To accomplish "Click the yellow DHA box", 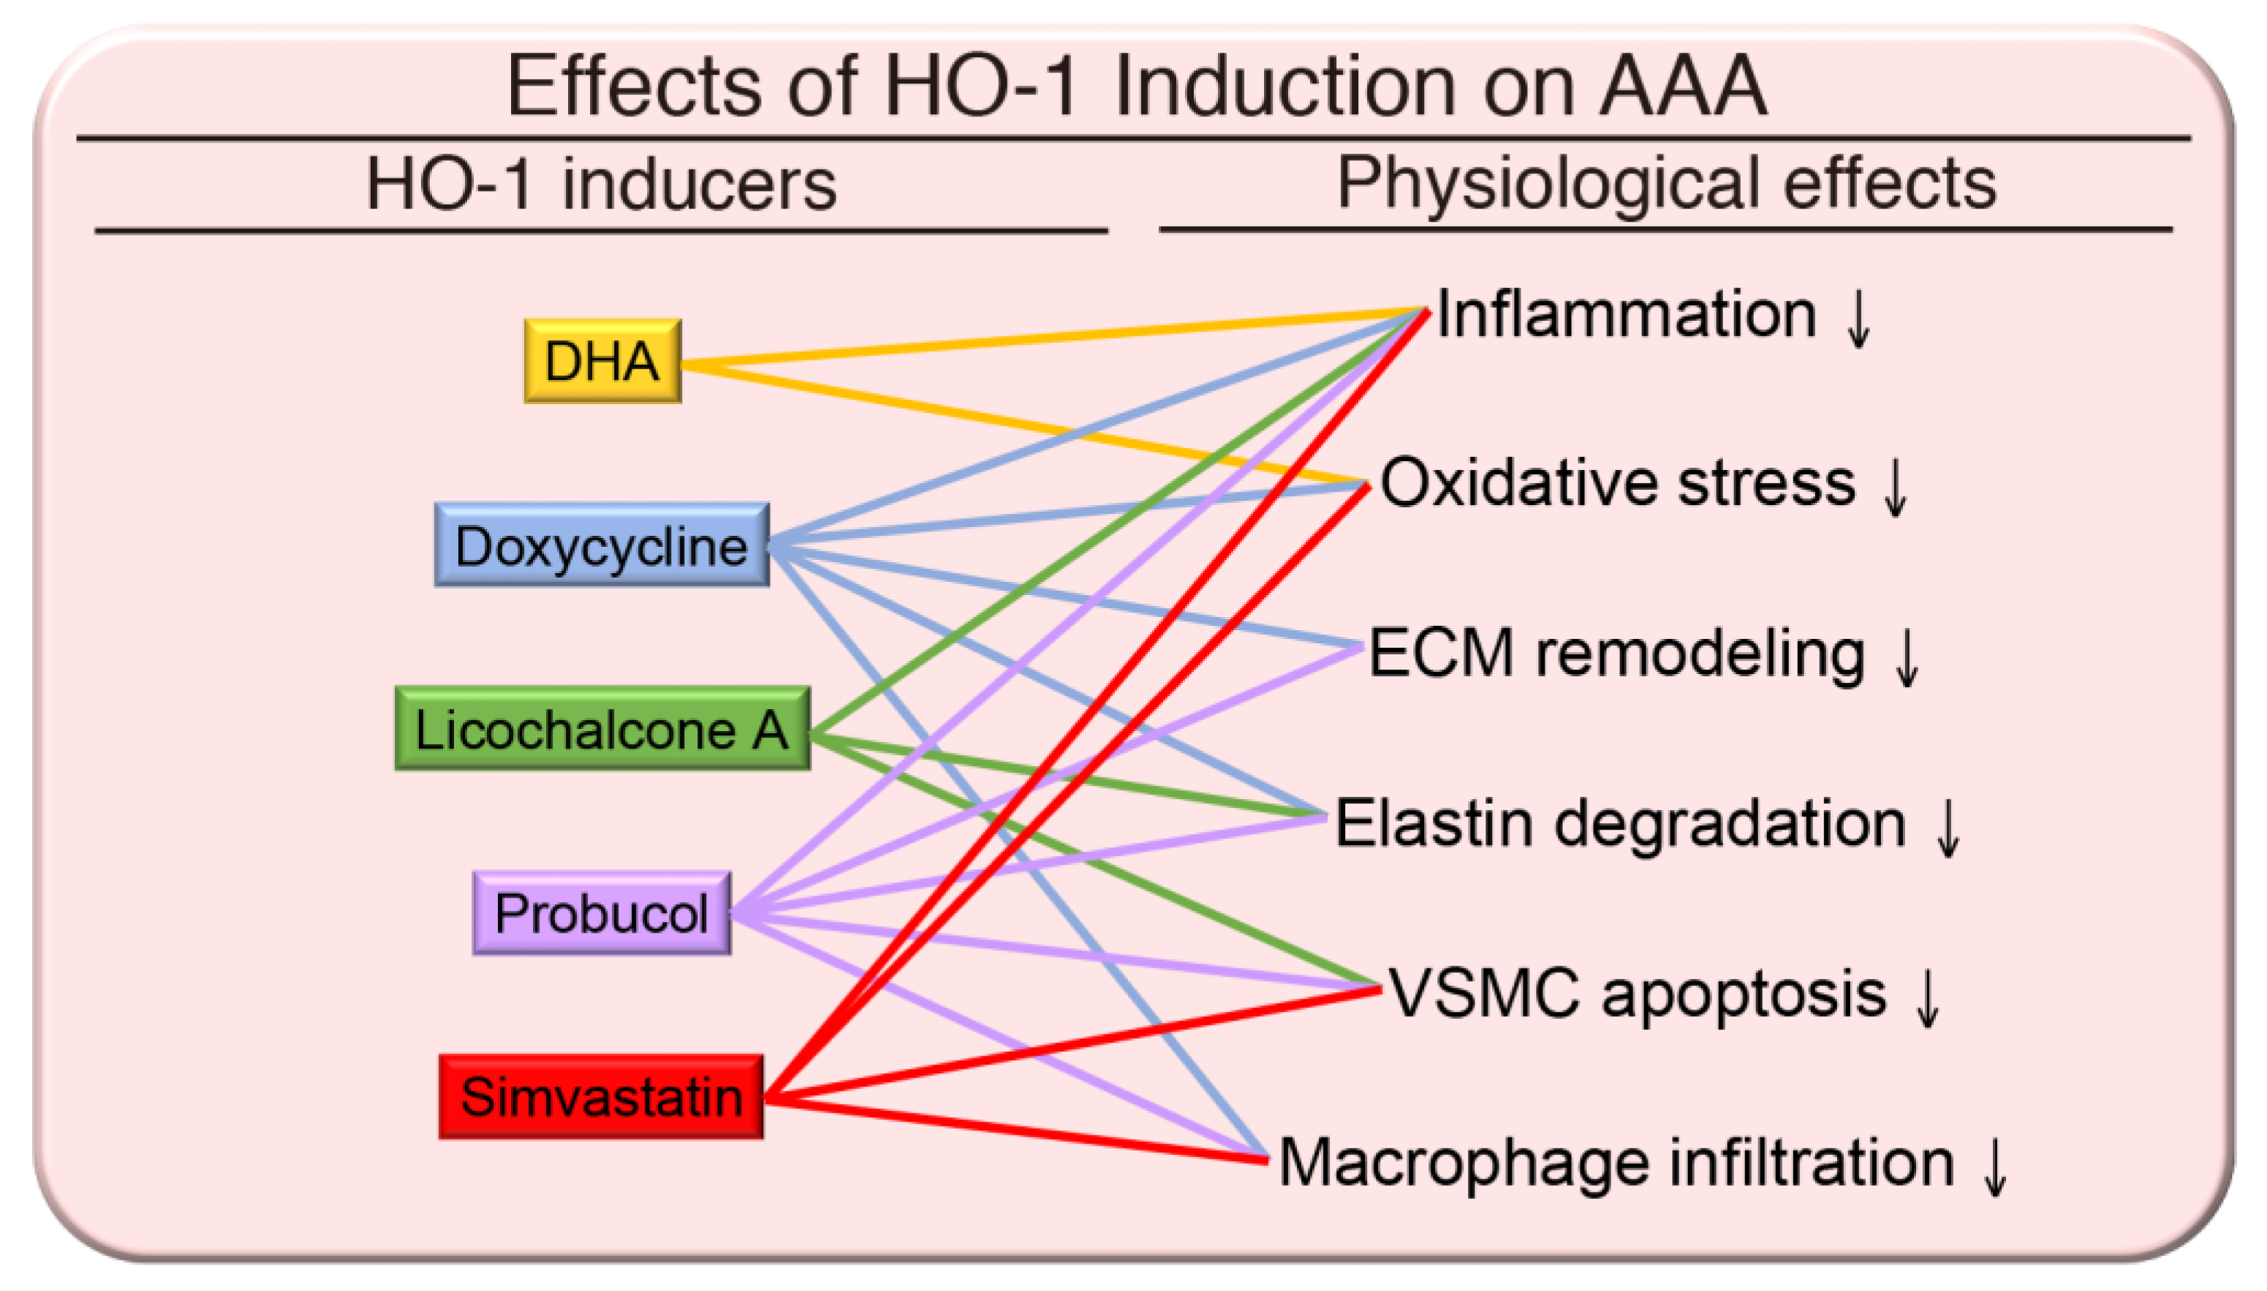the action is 602,361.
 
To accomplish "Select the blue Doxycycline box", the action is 601,545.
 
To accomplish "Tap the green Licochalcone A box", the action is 602,729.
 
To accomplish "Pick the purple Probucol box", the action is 602,912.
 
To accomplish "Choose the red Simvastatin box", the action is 601,1097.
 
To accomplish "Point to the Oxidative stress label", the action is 1618,483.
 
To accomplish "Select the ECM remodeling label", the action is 1617,654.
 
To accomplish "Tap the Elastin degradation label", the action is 1621,825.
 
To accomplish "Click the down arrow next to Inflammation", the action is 1858,319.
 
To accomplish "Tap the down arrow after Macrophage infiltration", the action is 1995,1167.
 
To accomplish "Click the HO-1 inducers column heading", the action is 601,184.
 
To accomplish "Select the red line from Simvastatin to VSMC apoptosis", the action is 1072,1045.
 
